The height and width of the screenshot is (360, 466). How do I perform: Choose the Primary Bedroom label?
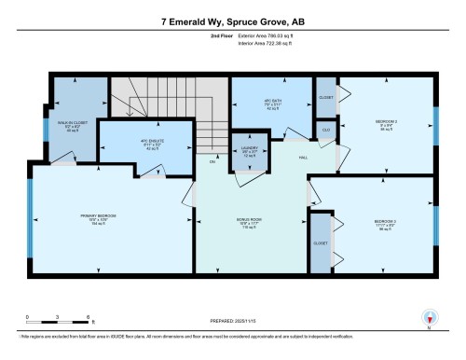[103, 222]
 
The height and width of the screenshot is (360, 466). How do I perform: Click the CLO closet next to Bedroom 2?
[325, 130]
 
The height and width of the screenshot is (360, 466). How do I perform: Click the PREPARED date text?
[232, 323]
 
